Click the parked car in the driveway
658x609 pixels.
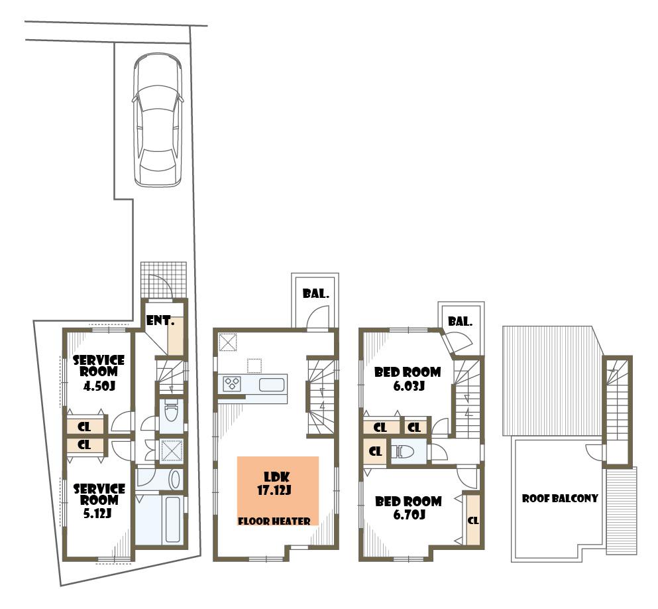point(157,120)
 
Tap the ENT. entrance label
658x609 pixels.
point(160,322)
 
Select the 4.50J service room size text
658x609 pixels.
point(99,386)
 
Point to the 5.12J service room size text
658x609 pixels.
point(99,512)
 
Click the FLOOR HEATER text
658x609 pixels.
point(274,521)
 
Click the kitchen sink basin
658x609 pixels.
point(272,384)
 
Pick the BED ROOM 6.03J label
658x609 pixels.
point(407,378)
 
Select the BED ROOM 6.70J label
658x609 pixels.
point(408,507)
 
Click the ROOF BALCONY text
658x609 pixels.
point(560,498)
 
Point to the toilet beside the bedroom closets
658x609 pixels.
point(405,452)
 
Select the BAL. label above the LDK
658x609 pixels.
point(315,293)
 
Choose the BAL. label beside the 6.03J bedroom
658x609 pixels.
point(460,322)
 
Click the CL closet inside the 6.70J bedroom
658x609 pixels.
point(472,521)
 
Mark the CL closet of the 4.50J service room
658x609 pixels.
point(85,427)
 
